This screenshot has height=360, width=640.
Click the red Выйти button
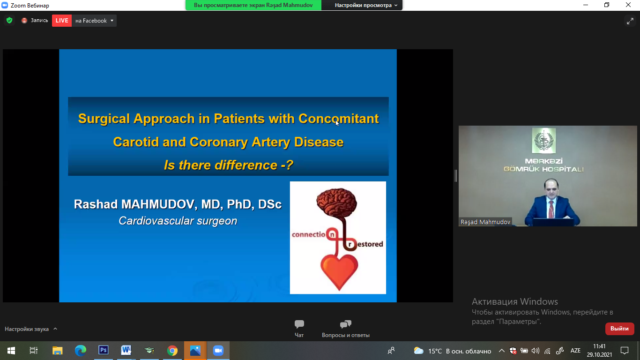619,329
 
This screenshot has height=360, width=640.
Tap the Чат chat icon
299,324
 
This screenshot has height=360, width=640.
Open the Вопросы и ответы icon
345,324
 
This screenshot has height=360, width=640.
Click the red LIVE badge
62,21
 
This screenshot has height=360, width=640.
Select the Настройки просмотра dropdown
366,5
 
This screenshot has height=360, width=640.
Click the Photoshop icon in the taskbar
103,350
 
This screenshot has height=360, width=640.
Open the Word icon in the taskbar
126,350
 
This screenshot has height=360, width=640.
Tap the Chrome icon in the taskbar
172,351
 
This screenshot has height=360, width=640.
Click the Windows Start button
11,351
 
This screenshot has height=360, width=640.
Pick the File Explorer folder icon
58,351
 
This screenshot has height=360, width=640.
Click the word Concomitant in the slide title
339,119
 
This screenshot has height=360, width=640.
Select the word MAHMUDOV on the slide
158,204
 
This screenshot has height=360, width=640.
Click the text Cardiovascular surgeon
178,221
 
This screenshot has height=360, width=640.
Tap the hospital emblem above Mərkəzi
543,141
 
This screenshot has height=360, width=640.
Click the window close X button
628,5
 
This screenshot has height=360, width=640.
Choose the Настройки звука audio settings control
31,329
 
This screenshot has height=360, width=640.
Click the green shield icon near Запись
9,20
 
